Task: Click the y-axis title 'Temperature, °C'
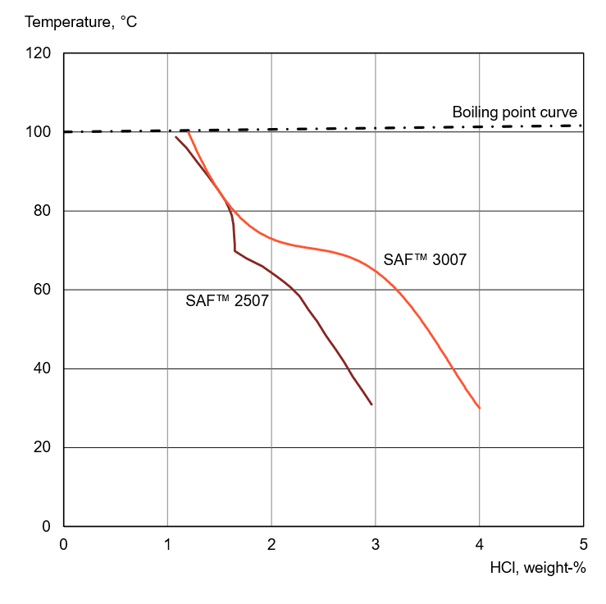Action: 81,22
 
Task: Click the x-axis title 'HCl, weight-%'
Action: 537,567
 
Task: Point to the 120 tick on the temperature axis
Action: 39,54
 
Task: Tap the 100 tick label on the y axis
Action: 39,133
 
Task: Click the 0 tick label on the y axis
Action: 47,527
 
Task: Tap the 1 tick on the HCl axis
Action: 167,543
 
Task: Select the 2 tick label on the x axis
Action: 271,543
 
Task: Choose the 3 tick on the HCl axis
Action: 376,543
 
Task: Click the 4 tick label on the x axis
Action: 480,543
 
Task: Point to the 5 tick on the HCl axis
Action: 583,543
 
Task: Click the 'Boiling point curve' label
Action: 515,112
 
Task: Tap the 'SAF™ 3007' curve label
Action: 426,260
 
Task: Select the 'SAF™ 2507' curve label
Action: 228,300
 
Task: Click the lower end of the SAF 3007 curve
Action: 479,408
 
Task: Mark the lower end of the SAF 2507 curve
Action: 371,404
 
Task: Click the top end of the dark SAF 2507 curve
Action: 176,137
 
